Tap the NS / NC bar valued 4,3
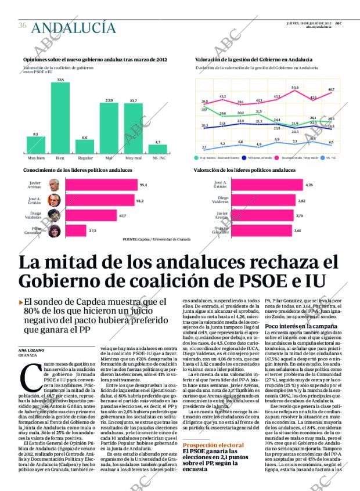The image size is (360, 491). tap(158, 149)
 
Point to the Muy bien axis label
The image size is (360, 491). tap(36, 157)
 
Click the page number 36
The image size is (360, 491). tap(23, 25)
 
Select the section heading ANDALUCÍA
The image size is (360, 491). tap(73, 27)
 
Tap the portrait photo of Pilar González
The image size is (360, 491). tap(54, 230)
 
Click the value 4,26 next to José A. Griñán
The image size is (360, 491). tap(309, 185)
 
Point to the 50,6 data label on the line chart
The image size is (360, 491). tap(295, 88)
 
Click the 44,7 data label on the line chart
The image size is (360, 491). tap(331, 89)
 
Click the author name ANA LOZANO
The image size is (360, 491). tap(31, 350)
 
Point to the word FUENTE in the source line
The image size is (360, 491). tap(131, 239)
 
